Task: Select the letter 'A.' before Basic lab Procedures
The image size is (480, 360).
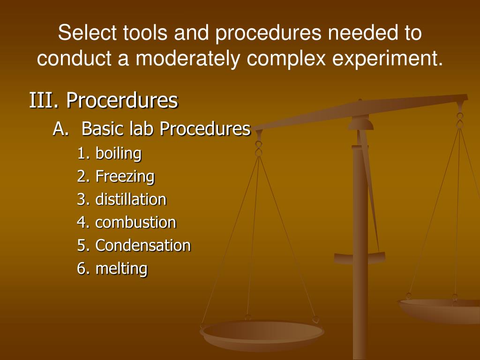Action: (61, 129)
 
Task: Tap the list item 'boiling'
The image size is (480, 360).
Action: (118, 153)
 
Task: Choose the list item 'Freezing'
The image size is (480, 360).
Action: (125, 177)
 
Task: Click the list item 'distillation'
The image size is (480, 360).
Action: (131, 200)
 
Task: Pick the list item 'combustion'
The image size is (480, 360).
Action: (135, 223)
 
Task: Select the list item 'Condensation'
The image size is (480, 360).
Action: (143, 246)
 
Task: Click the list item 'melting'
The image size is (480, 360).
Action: (121, 269)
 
